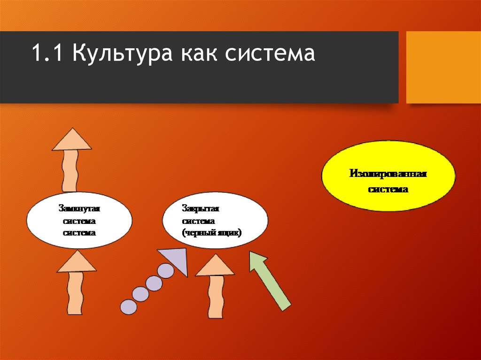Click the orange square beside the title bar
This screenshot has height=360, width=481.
coord(443,67)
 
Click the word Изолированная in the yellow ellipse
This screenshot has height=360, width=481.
coord(388,174)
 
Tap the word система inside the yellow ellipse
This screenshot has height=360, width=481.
coord(388,190)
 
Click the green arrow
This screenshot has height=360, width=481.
coord(270,281)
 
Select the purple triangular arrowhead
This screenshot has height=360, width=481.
coord(176,260)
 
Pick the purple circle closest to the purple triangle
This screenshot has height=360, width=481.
coord(165,271)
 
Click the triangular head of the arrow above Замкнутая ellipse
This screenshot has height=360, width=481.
coord(71,139)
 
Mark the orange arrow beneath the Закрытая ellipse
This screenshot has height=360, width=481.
coord(215,286)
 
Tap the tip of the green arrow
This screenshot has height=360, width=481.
coord(253,254)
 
